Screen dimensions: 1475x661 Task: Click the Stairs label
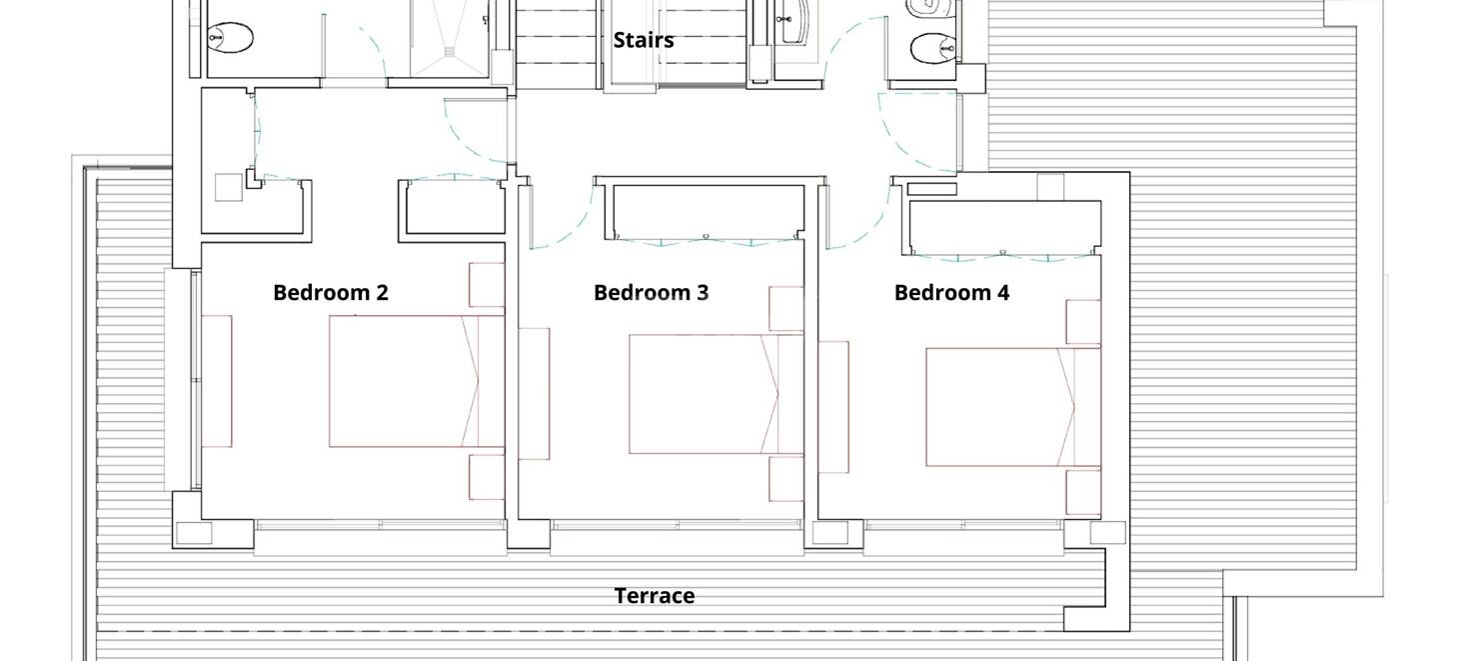click(644, 40)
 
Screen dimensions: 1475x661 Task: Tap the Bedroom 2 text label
click(331, 293)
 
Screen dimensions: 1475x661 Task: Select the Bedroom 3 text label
click(652, 293)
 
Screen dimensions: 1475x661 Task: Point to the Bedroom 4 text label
click(951, 293)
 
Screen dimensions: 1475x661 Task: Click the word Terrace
click(655, 596)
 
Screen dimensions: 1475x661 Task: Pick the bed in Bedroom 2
click(417, 381)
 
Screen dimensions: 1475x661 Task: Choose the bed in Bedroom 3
click(717, 394)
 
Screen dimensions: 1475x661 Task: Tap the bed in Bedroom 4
click(1013, 407)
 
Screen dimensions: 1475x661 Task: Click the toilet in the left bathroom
click(231, 38)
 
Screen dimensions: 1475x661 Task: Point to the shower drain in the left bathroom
click(451, 51)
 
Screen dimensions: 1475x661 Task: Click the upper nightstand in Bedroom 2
click(487, 285)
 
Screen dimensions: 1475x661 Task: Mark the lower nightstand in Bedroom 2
click(487, 476)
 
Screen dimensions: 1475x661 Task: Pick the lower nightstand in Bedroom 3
click(786, 480)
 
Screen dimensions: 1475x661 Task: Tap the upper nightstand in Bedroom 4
click(1083, 322)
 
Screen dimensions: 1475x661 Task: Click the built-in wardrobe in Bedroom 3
click(705, 212)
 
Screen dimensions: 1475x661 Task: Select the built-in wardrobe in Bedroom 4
click(1005, 227)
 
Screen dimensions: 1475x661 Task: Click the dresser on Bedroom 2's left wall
click(217, 381)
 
